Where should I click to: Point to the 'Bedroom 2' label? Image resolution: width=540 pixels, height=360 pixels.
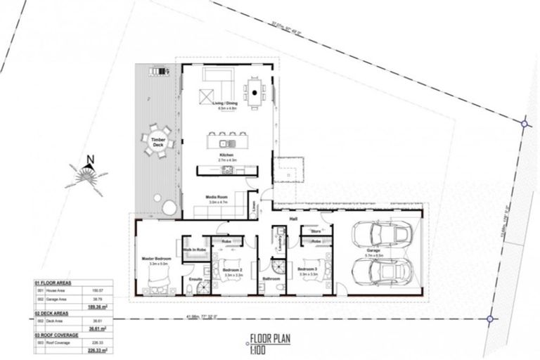click(232, 269)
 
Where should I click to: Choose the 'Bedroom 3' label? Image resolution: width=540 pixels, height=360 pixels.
click(308, 269)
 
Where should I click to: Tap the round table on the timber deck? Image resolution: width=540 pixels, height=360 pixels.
click(155, 143)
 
